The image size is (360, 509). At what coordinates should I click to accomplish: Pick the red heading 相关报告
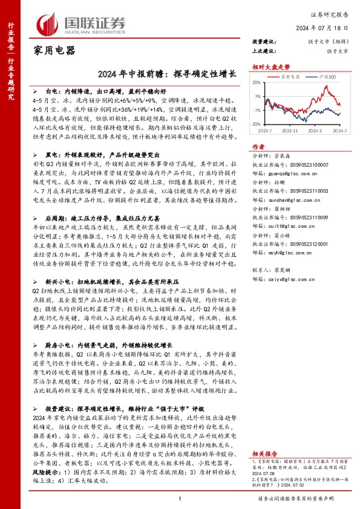tap(264, 453)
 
